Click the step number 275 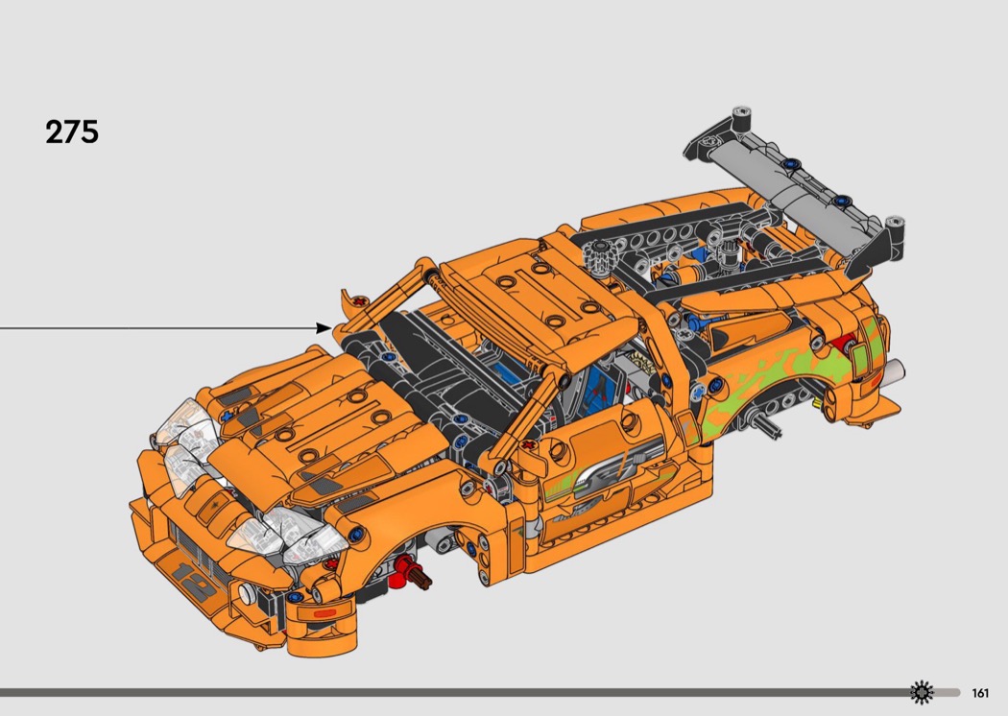pyautogui.click(x=72, y=131)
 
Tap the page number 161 pyautogui.click(x=980, y=693)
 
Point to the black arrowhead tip pyautogui.click(x=333, y=328)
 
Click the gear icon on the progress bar pyautogui.click(x=922, y=692)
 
